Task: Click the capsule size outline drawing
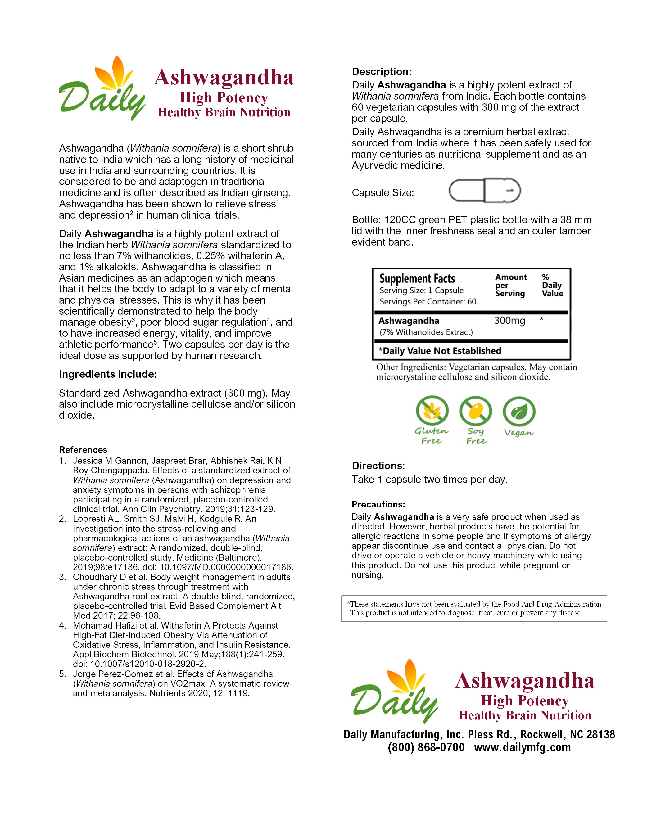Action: [x=485, y=190]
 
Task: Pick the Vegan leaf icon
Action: [x=519, y=411]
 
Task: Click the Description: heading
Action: [x=382, y=72]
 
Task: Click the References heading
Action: [x=83, y=450]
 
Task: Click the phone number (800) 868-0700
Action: [x=426, y=747]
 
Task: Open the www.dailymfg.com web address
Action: [x=522, y=747]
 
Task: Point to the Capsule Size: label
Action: [x=383, y=193]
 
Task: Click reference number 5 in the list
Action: [x=62, y=674]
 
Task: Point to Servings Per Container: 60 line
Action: [x=428, y=302]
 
